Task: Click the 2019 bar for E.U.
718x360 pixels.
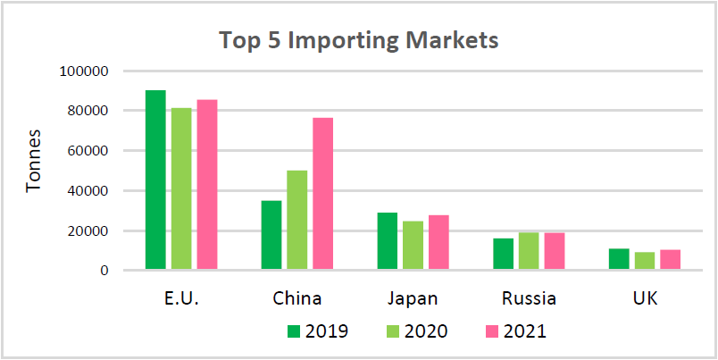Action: coord(155,180)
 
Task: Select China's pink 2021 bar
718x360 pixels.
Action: coord(322,194)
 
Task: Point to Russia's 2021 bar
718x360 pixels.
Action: coord(554,251)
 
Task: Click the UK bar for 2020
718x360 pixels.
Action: coord(644,260)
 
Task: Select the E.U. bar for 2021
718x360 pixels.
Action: coord(207,184)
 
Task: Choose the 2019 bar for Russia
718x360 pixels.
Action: coord(503,254)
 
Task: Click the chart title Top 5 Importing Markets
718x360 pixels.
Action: coord(359,41)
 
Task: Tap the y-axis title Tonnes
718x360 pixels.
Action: coord(34,170)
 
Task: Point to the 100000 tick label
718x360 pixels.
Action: coord(83,71)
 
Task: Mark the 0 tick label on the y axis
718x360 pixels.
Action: coord(104,270)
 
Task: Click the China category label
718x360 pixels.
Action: coord(296,297)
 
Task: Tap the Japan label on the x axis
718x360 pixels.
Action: coord(413,297)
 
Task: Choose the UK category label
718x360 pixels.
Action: coord(644,297)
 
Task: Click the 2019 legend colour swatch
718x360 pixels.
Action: coord(293,332)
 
